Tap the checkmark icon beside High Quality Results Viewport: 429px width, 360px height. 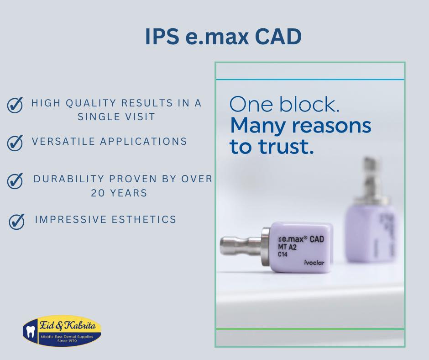[x=15, y=106]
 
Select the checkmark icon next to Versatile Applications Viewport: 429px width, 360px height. [x=15, y=143]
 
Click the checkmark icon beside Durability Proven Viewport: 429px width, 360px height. [x=15, y=181]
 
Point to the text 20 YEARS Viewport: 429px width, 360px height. [x=119, y=193]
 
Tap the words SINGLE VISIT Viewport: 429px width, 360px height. [x=116, y=116]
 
